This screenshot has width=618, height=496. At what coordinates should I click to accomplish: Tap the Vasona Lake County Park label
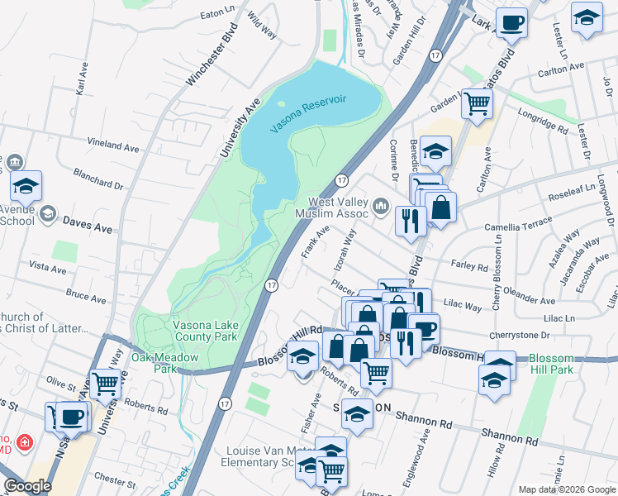(x=205, y=331)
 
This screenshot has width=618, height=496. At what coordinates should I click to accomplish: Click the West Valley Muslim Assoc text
(x=338, y=207)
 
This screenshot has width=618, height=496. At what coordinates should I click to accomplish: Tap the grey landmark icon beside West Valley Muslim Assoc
(x=380, y=205)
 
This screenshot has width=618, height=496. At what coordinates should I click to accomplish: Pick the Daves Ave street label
(x=88, y=225)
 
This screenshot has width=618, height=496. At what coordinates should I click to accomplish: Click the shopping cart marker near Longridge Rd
(x=477, y=104)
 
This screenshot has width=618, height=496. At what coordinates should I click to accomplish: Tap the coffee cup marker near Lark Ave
(x=511, y=23)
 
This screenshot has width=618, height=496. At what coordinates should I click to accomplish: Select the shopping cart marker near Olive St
(x=106, y=384)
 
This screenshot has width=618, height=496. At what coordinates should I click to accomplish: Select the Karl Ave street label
(x=81, y=81)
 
